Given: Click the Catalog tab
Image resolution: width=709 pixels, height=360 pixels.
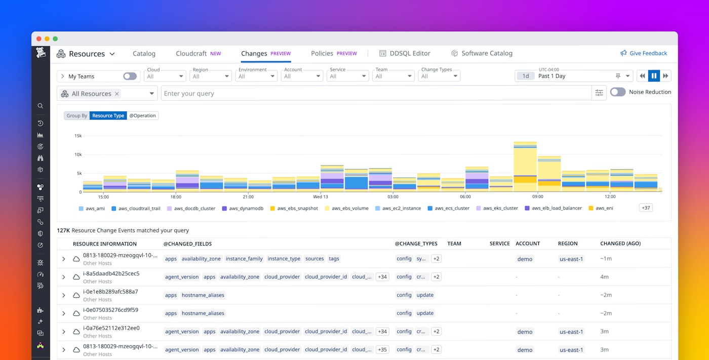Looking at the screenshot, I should click(144, 53).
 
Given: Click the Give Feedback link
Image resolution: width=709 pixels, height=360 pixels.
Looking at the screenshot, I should click(644, 53).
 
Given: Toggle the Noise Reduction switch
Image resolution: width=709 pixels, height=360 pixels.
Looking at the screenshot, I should click(618, 92).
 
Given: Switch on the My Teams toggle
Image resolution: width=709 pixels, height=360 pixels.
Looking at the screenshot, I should click(130, 76).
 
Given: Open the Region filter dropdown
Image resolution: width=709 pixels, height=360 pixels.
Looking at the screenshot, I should click(211, 76).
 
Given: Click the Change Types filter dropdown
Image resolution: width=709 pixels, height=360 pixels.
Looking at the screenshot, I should click(439, 76).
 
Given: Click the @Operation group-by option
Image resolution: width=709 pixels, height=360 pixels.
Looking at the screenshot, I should click(143, 115).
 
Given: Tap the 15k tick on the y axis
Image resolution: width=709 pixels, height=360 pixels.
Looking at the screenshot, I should click(78, 136).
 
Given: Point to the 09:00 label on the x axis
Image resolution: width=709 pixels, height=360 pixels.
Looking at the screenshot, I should click(538, 196).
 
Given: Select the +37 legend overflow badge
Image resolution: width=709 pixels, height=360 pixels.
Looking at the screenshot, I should click(646, 208).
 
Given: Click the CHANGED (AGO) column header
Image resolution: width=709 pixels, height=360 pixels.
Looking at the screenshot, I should click(620, 244).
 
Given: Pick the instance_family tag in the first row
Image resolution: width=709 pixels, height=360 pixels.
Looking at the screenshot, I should click(244, 259).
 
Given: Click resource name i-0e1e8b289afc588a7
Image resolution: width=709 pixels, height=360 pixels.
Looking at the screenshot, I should click(110, 292).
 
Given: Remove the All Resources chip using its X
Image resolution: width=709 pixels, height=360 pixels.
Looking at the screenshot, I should click(117, 94).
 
